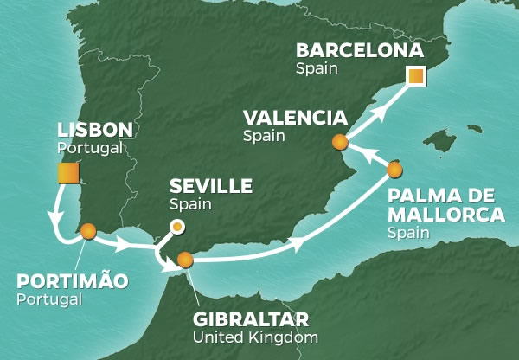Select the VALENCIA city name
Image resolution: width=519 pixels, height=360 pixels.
(295, 118)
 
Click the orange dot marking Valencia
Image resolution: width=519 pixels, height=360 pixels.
(340, 142)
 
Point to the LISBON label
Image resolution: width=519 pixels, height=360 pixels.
(95, 130)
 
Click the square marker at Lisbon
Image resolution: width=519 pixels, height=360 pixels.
(67, 174)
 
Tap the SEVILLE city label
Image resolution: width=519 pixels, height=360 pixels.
(212, 186)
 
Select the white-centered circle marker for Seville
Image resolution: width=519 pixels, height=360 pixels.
(176, 227)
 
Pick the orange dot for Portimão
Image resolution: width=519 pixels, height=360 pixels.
(87, 230)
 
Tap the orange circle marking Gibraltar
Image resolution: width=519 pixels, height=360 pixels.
(184, 259)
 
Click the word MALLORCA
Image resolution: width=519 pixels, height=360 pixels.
(446, 215)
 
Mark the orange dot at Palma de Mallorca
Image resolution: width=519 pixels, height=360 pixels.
(395, 169)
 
